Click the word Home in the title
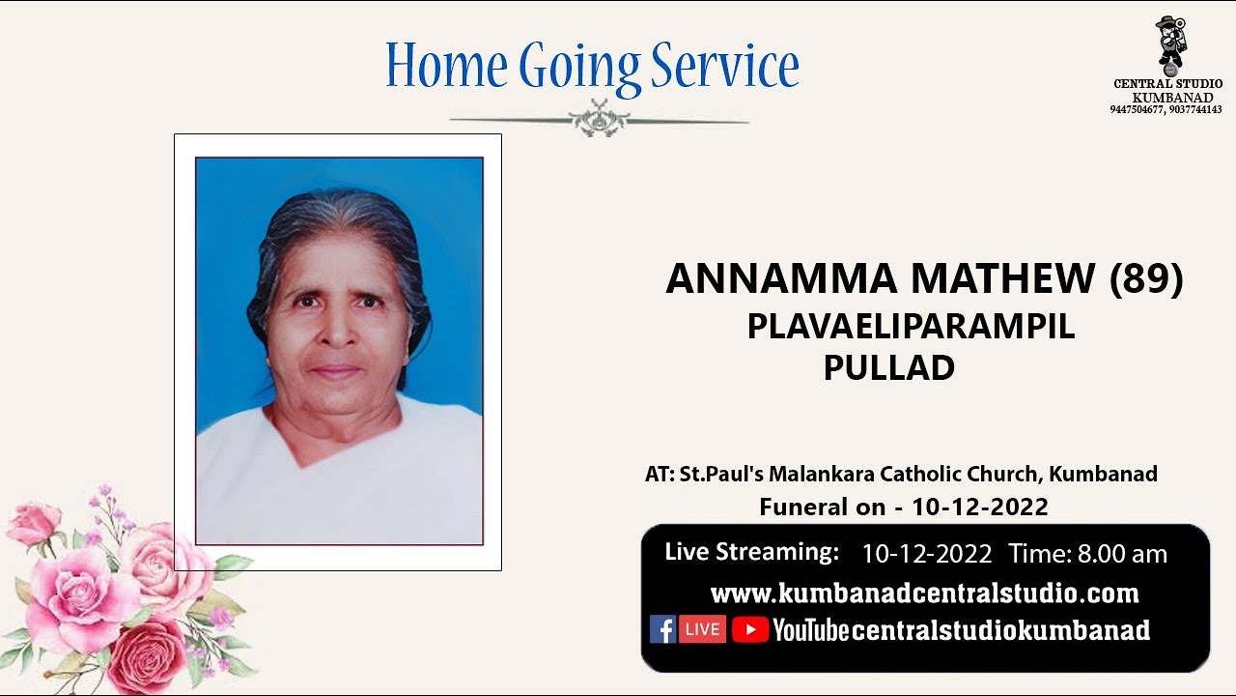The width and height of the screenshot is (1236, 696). coord(446,66)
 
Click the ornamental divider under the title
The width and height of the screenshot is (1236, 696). coord(599,121)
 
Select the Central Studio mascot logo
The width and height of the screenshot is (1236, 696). coord(1170,43)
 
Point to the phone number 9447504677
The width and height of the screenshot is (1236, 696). coord(1138,110)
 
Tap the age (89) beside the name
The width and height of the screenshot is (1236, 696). coord(1145,279)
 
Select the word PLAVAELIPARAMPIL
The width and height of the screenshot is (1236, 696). coord(911,328)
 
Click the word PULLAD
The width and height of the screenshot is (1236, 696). coord(888,367)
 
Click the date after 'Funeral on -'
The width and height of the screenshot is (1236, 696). coord(980,507)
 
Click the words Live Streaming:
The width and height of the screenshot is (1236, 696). coord(751,552)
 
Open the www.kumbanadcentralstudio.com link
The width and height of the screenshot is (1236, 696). coord(924,593)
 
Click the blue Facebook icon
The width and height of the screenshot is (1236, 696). coord(662,629)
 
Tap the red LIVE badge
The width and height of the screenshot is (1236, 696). coord(702,629)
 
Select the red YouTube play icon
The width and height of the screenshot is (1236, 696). coord(749,630)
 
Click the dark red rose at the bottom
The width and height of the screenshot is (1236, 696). coord(147,655)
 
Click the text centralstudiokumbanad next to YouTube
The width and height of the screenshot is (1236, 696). coord(1000,631)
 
